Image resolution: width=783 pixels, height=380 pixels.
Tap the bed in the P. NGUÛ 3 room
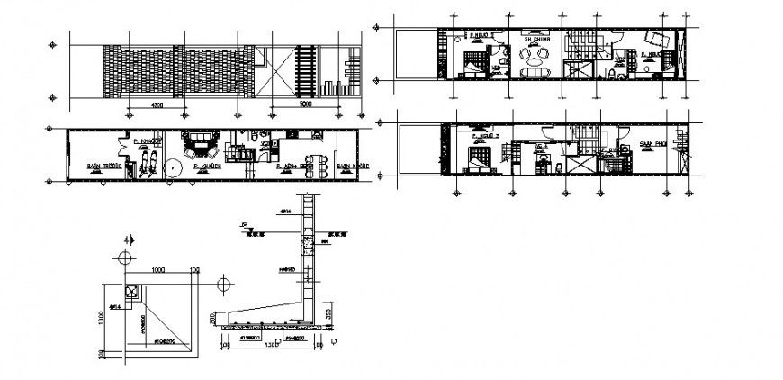click(476, 162)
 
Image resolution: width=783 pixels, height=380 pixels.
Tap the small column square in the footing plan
click(132, 291)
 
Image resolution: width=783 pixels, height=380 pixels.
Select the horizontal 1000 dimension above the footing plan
click(159, 269)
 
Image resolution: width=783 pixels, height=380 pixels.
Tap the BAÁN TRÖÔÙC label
click(103, 167)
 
